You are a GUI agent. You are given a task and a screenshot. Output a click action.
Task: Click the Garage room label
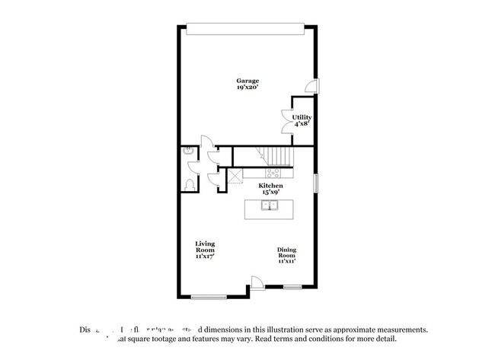click(x=247, y=81)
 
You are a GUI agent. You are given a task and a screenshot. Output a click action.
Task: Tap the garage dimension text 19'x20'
click(x=247, y=88)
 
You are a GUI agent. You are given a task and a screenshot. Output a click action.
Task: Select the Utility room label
click(x=302, y=117)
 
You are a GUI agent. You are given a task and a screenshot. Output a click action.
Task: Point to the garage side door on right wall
click(x=311, y=86)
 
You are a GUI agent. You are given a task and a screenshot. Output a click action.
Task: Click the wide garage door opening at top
click(x=247, y=29)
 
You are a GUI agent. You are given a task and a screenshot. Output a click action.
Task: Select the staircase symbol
click(x=279, y=157)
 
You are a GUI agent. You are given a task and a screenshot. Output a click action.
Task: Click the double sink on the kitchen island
click(x=271, y=205)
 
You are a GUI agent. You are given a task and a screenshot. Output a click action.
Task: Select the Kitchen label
click(x=270, y=186)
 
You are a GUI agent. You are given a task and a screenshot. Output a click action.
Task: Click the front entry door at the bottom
click(x=258, y=283)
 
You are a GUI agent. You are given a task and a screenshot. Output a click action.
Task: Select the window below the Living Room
click(x=209, y=295)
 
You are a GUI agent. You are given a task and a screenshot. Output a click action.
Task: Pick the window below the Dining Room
click(x=292, y=287)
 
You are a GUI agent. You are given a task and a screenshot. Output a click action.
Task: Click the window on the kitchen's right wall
click(x=315, y=184)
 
